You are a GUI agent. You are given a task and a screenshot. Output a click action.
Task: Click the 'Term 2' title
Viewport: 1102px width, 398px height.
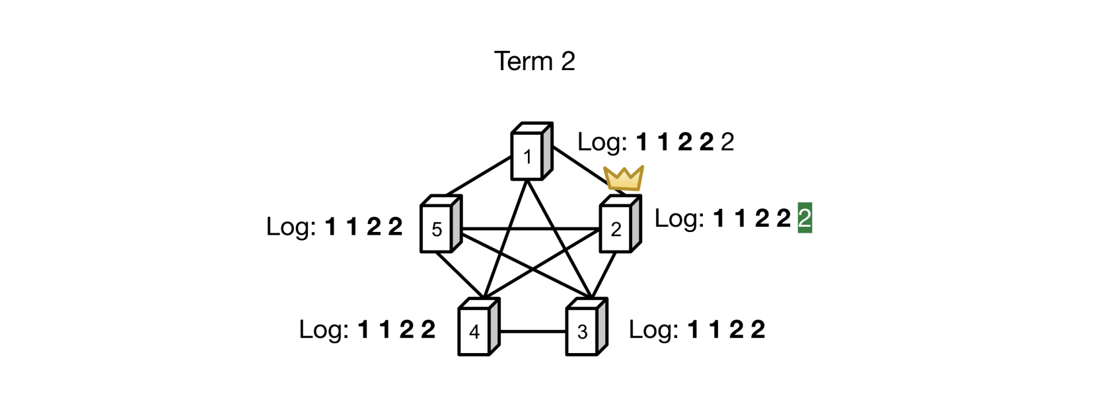click(x=534, y=61)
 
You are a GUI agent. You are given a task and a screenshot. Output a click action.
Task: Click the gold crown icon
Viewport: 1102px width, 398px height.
click(x=624, y=178)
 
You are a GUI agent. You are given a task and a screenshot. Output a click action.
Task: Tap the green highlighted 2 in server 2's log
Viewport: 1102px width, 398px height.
click(x=804, y=218)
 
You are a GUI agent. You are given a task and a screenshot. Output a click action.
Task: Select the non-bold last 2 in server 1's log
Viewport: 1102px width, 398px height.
click(x=727, y=141)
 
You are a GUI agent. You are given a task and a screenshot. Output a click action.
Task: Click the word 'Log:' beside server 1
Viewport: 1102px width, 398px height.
click(x=602, y=141)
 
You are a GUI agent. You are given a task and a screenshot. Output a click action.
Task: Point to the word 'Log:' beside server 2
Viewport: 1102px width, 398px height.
click(x=679, y=218)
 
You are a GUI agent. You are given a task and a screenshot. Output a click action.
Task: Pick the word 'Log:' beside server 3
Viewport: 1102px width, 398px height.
click(x=653, y=329)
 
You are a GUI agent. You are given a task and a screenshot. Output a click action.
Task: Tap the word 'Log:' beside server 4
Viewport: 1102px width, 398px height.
click(x=324, y=329)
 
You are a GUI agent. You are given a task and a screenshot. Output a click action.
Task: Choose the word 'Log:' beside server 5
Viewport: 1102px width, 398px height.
click(x=291, y=226)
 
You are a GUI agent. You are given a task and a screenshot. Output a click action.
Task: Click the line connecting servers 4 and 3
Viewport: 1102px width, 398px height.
click(x=533, y=331)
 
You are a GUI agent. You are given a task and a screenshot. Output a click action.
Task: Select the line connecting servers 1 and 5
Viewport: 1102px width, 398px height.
click(x=478, y=177)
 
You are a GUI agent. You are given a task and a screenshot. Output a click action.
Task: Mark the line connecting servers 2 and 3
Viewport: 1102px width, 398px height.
click(x=605, y=275)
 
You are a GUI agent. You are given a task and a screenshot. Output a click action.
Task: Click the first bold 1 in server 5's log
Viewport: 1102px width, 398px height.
click(x=330, y=227)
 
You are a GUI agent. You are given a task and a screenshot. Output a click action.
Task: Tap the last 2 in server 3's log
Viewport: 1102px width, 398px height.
click(x=758, y=329)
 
